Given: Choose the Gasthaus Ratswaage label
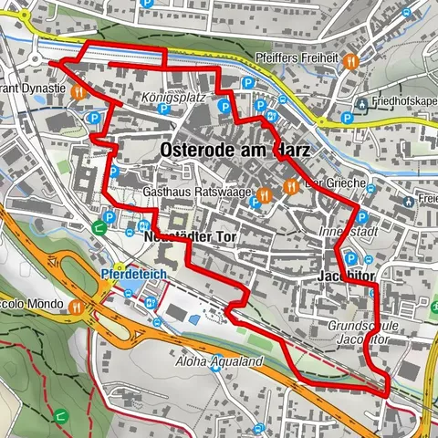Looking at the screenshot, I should [197, 193].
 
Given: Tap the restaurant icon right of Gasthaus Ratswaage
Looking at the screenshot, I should [264, 193].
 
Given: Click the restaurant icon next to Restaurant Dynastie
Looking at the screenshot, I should [79, 91].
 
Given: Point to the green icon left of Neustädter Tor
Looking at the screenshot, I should [99, 229].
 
